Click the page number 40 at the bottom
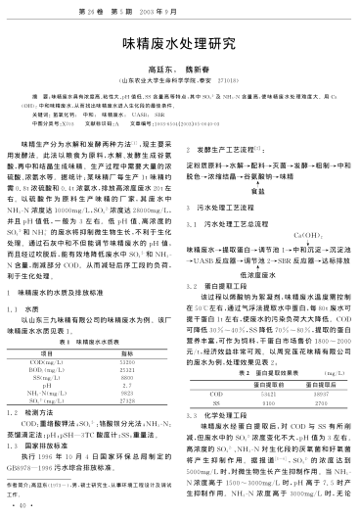[x=22, y=506]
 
